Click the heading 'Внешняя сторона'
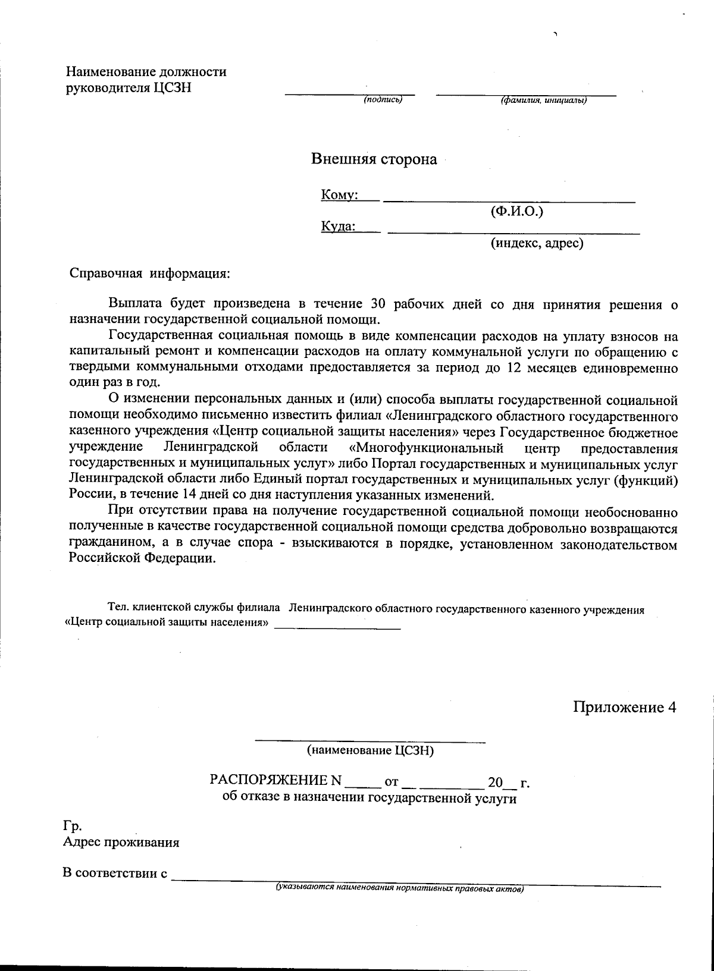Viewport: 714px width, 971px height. point(374,159)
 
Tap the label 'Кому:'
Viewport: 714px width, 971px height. point(339,195)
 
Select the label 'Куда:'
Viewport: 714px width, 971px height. point(338,227)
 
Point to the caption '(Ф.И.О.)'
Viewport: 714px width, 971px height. point(516,211)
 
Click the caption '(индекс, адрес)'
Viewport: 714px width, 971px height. point(536,243)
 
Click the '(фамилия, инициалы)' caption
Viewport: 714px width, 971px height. point(544,100)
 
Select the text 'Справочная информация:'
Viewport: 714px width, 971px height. point(149,274)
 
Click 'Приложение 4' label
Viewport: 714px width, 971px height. point(625,708)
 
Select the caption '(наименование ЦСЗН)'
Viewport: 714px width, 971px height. point(370,751)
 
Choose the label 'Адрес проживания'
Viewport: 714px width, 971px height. point(121,843)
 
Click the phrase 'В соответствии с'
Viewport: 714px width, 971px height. point(114,873)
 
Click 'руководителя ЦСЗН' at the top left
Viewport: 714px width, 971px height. point(129,88)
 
